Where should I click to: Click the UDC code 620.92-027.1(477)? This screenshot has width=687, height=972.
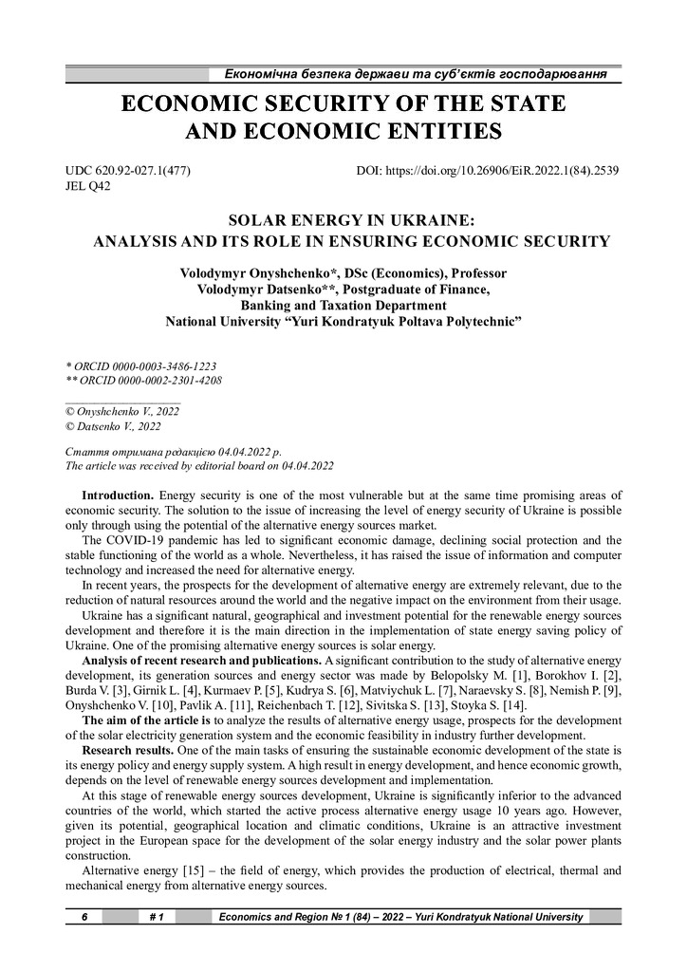(x=135, y=171)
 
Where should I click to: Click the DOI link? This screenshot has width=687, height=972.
(x=488, y=171)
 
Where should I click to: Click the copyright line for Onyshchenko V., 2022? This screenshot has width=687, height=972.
(x=121, y=413)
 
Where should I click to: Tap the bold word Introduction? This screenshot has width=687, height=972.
(x=118, y=495)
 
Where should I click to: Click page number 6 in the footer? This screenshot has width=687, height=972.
(x=84, y=917)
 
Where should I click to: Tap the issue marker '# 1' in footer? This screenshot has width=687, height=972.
(x=158, y=917)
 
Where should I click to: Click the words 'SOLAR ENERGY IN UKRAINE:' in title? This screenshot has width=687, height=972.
(x=343, y=220)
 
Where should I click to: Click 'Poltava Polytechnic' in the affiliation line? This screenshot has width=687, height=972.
(x=457, y=322)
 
